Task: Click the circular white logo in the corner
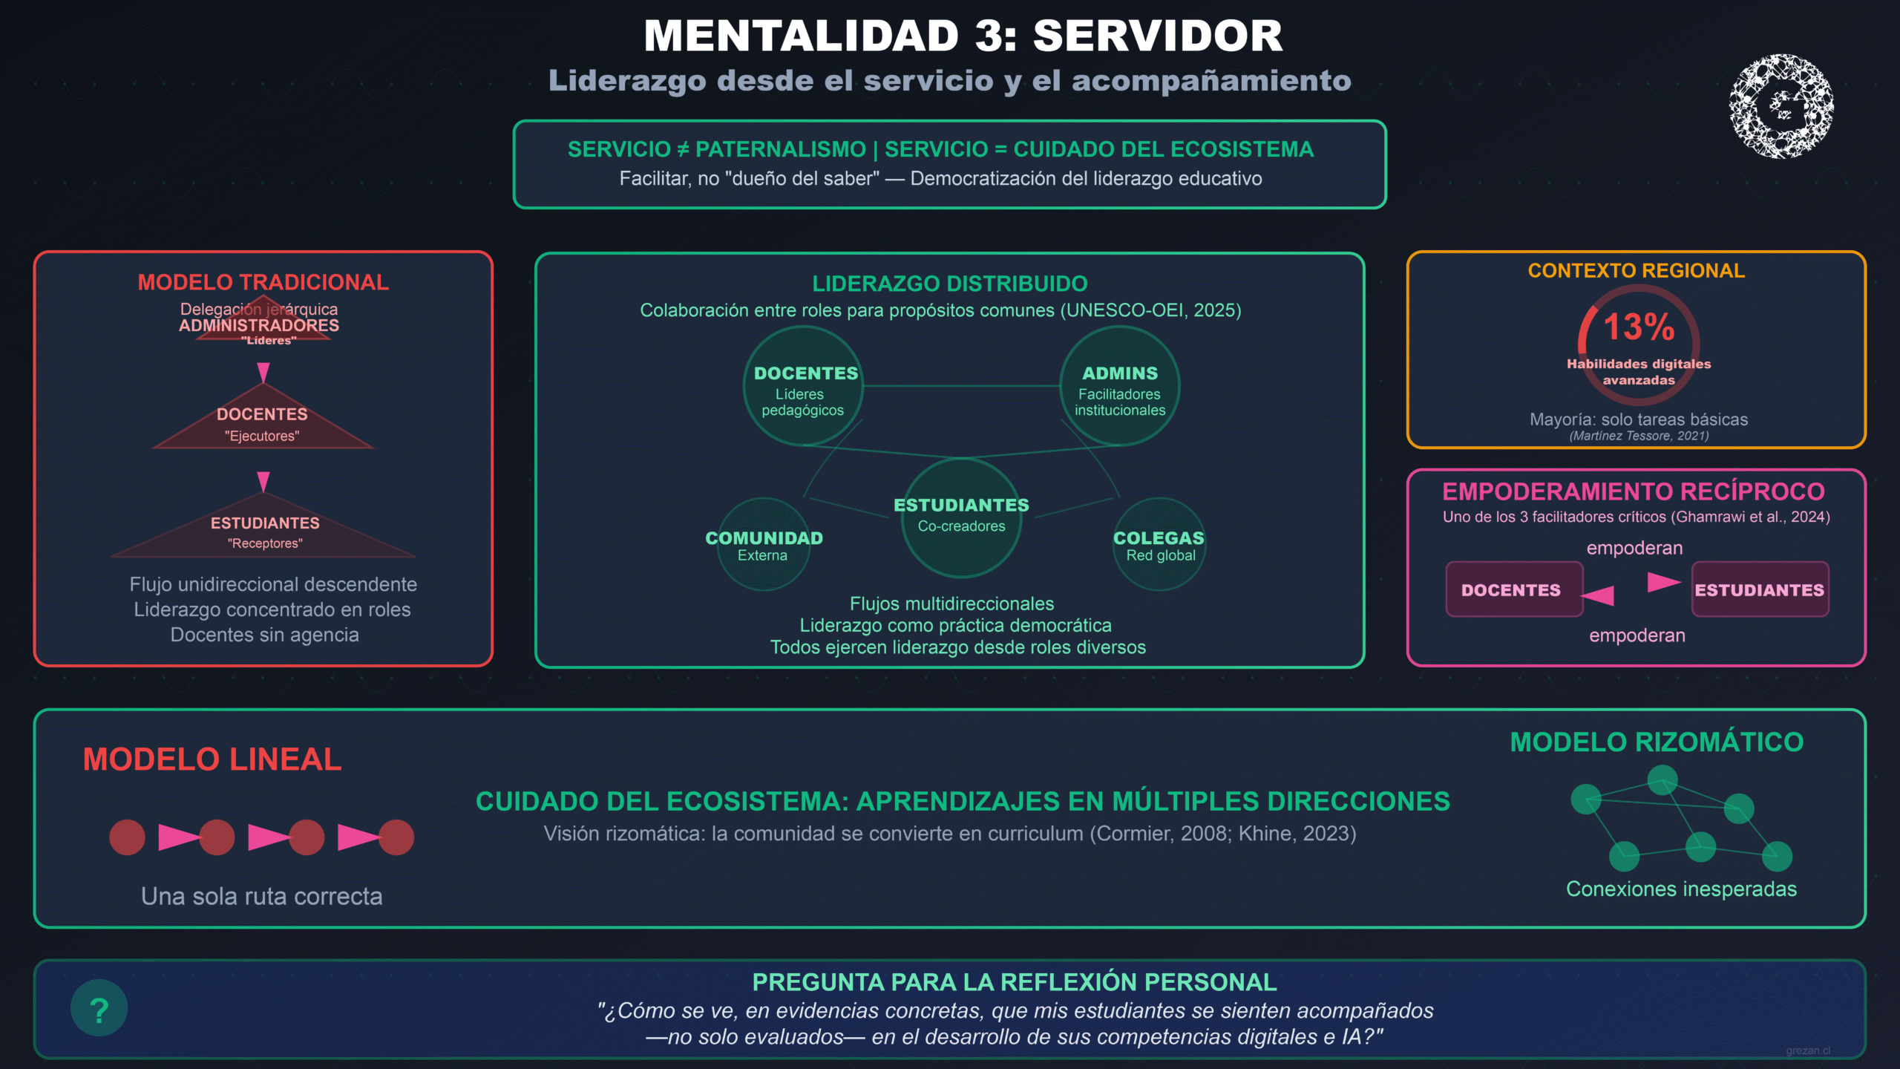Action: coord(1781,106)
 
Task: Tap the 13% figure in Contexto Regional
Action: coord(1639,327)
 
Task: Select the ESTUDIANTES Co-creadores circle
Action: coord(961,517)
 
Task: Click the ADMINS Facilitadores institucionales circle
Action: coord(1119,386)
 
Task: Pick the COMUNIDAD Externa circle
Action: coord(764,545)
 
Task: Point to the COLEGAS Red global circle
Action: coord(1159,545)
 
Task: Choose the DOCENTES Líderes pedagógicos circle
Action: coord(803,386)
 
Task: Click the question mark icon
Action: coord(99,1008)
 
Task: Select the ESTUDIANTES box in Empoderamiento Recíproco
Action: coord(1760,589)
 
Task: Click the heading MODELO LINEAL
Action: coord(212,759)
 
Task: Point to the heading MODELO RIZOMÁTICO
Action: coord(1657,742)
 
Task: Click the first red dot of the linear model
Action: coord(127,837)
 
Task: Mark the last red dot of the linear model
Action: coord(396,837)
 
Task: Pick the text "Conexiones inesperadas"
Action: coord(1681,889)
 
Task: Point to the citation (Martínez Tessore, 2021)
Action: coord(1639,436)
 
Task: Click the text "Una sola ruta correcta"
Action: coord(262,896)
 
